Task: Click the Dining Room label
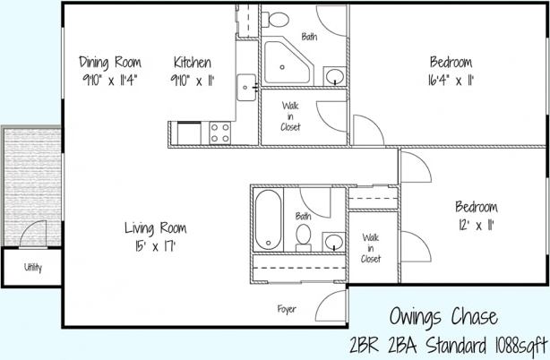111,62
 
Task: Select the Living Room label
156,227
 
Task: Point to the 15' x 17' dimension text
156,244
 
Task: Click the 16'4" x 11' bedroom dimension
451,79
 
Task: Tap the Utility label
32,267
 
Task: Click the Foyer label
287,309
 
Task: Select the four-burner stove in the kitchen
219,133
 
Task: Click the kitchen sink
246,88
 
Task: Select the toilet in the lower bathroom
304,236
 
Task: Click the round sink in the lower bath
333,241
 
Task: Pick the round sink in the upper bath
333,76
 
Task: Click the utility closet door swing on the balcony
32,235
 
